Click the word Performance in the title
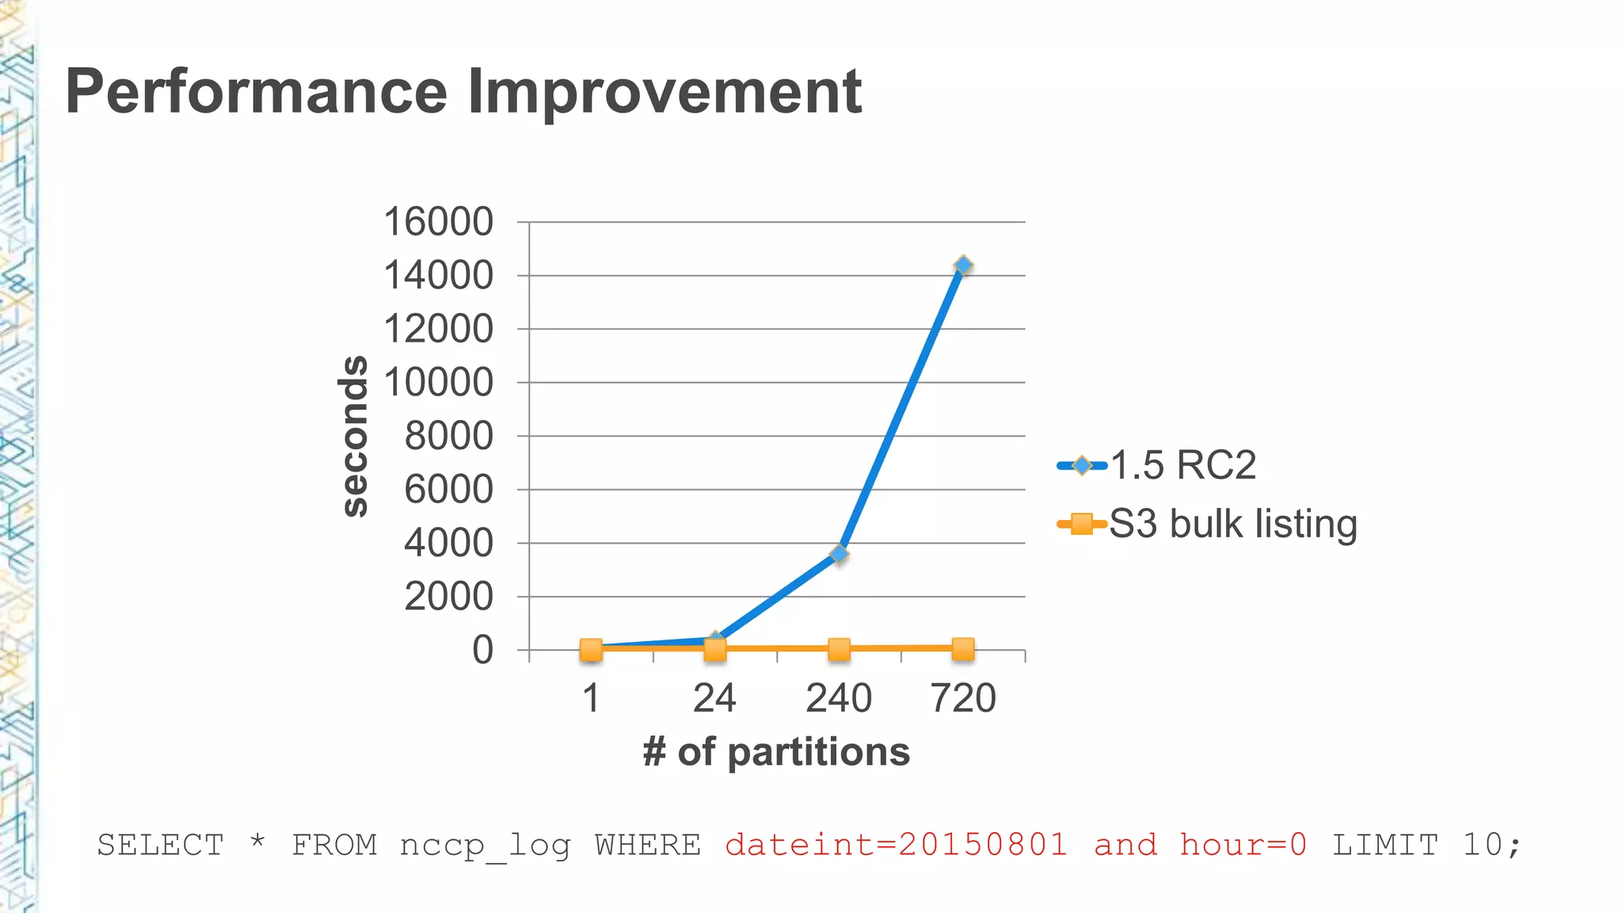point(257,92)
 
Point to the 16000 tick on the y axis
point(438,222)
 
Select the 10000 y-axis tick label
point(438,383)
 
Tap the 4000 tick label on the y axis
point(448,544)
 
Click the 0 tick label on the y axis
point(482,651)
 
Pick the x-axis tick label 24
point(714,698)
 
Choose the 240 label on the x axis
point(839,698)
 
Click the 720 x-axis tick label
point(963,698)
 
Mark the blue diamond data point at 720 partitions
point(963,265)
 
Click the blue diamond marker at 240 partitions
point(840,554)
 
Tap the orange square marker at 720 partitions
point(963,649)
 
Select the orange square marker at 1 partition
point(591,651)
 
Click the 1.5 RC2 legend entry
point(1182,465)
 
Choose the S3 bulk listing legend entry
point(1232,524)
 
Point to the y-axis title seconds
point(354,436)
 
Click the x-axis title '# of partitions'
point(776,751)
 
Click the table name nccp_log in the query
point(485,845)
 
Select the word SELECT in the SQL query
point(161,845)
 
